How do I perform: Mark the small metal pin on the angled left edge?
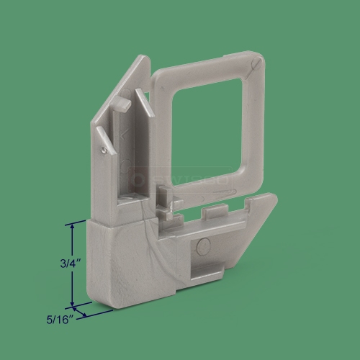(x=106, y=150)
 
